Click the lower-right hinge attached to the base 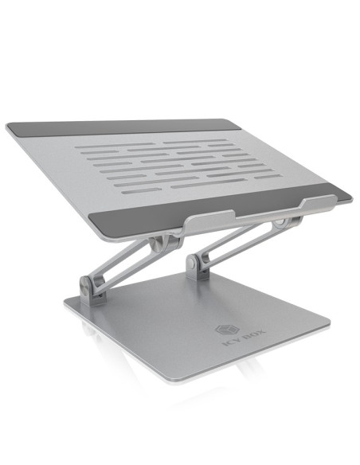(x=196, y=264)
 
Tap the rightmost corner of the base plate (x=328, y=325)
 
